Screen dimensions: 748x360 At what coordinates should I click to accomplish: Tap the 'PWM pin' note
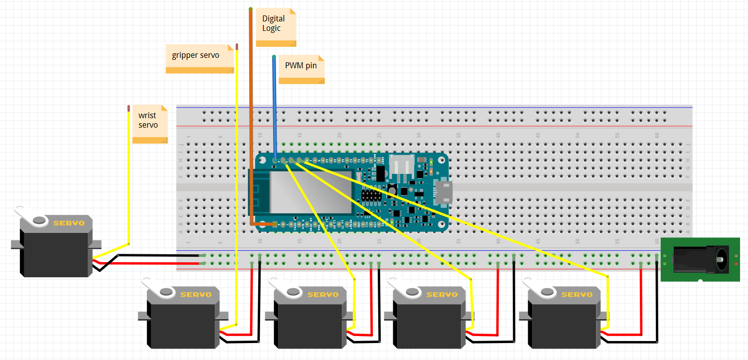[x=301, y=68]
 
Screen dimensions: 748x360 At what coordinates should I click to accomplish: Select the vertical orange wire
[x=251, y=100]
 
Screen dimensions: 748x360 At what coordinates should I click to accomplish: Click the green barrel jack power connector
[x=700, y=259]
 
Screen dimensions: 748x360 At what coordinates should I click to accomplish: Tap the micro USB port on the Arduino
[x=443, y=191]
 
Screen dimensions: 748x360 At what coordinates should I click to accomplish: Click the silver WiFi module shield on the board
[x=304, y=194]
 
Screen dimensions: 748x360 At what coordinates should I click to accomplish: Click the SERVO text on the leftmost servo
[x=69, y=223]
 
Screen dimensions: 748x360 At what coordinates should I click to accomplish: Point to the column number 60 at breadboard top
[x=657, y=135]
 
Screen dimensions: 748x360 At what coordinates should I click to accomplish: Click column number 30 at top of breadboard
[x=419, y=135]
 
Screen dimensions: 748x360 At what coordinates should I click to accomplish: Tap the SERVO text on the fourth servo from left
[x=442, y=294]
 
